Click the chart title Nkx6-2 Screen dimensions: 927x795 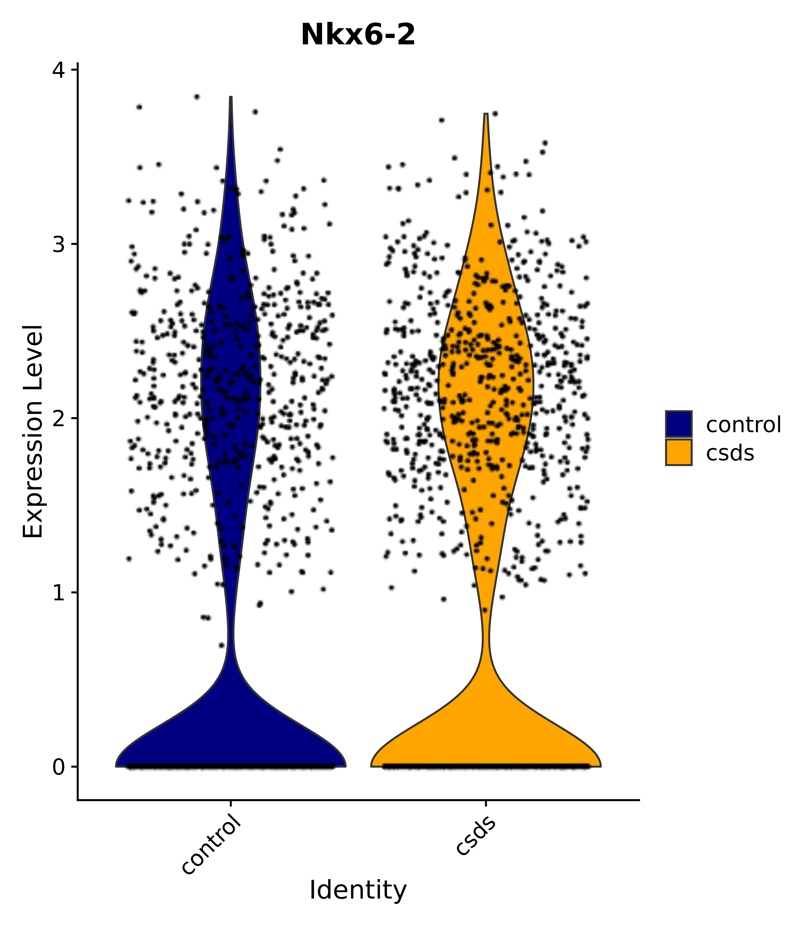pos(358,35)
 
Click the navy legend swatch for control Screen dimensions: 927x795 pos(678,424)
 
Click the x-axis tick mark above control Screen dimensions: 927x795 pos(231,803)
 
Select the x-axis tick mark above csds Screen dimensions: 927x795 pos(486,803)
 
